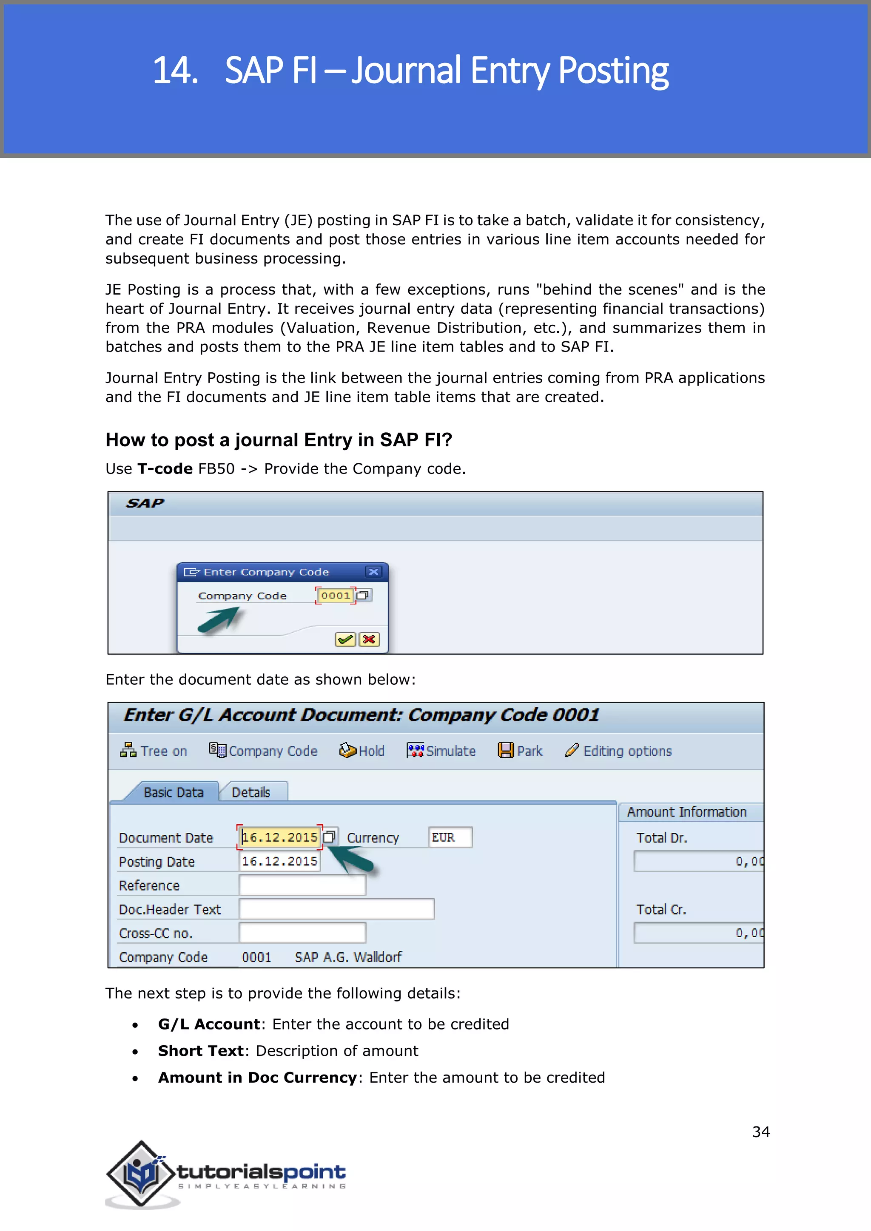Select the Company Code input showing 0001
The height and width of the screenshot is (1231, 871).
(335, 595)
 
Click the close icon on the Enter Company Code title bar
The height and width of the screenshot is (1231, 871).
(374, 572)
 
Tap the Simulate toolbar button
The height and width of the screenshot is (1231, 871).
(441, 751)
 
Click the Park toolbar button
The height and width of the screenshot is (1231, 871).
(520, 751)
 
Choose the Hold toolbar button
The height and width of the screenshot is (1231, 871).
(362, 751)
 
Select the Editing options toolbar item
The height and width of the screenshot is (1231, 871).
(618, 751)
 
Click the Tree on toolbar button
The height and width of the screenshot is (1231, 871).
(154, 751)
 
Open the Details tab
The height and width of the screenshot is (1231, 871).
(251, 792)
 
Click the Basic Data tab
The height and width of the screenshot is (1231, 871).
(173, 792)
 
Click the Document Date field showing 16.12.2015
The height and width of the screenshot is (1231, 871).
(279, 837)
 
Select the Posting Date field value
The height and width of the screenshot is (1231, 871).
(279, 861)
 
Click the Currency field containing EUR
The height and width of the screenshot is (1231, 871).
(450, 837)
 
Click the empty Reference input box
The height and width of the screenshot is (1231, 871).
(302, 885)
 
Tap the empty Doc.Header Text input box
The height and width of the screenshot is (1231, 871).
(336, 909)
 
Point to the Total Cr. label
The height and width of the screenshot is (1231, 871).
(661, 909)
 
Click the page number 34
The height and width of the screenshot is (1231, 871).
(760, 1131)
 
